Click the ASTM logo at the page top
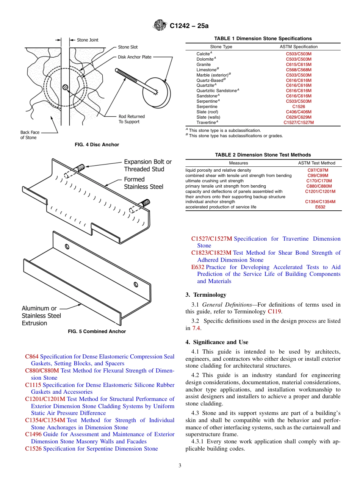click(x=160, y=26)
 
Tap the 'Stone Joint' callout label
click(x=88, y=40)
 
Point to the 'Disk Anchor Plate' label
click(x=135, y=57)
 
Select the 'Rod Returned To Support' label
click(x=131, y=119)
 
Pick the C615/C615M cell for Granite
click(x=299, y=64)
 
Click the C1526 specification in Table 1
click(x=299, y=107)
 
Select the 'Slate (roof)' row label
click(x=207, y=112)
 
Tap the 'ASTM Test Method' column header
click(x=316, y=163)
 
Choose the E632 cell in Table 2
click(x=320, y=207)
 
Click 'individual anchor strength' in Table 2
click(x=210, y=202)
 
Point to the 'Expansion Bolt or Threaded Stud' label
click(x=148, y=166)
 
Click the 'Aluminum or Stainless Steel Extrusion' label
click(x=41, y=316)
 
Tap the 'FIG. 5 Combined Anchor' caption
click(x=97, y=332)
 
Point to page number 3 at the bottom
click(x=180, y=466)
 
